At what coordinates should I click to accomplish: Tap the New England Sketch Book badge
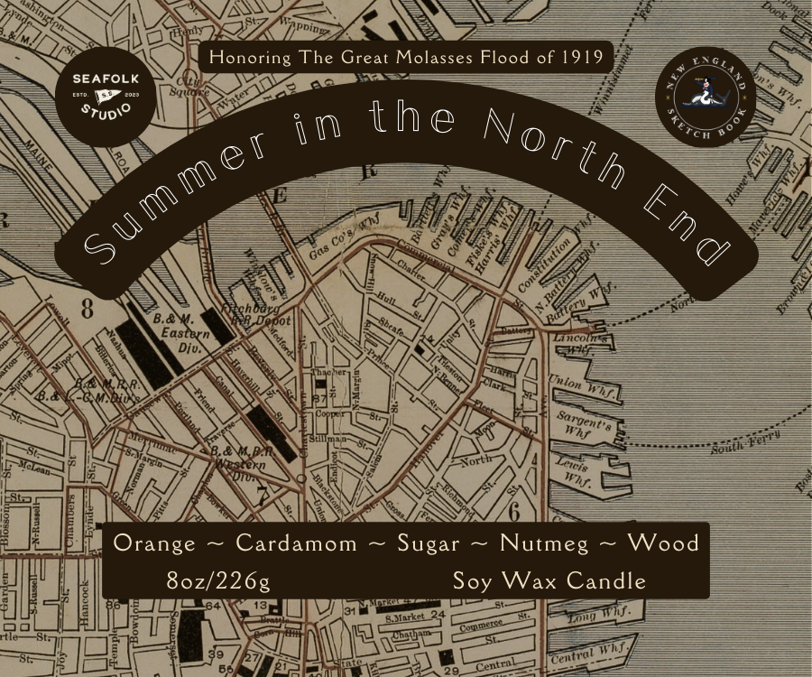(706, 97)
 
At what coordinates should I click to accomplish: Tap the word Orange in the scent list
(155, 543)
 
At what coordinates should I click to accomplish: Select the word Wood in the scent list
(663, 543)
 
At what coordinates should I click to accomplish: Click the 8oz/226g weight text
(218, 580)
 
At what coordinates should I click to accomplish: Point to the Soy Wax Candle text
(549, 580)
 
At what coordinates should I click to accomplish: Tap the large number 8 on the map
(88, 309)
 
